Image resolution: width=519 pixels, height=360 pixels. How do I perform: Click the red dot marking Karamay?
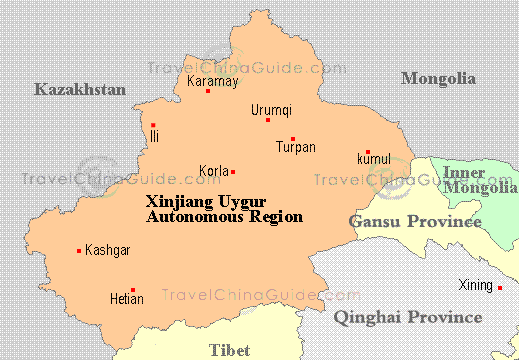[208, 91]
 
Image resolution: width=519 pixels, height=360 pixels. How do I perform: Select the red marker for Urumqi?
[268, 120]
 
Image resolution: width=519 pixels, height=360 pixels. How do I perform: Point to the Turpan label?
[295, 148]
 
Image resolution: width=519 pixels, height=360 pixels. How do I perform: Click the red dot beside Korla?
[233, 171]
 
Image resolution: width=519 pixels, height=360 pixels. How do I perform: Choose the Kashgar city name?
[108, 250]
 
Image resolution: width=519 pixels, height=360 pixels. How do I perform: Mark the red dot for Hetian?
[132, 290]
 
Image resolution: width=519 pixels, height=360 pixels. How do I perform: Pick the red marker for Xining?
[500, 288]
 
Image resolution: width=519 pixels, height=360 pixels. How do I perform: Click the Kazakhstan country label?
[80, 90]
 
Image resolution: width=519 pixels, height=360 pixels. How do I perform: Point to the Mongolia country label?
[438, 78]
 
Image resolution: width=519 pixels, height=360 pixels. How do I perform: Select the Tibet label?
[230, 349]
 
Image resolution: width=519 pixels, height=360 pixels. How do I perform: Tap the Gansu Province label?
[408, 219]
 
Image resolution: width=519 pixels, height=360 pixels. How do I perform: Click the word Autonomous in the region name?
[192, 215]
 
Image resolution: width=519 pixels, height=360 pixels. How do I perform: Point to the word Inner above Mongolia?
[464, 173]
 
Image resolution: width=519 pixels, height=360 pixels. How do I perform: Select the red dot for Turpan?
[293, 139]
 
